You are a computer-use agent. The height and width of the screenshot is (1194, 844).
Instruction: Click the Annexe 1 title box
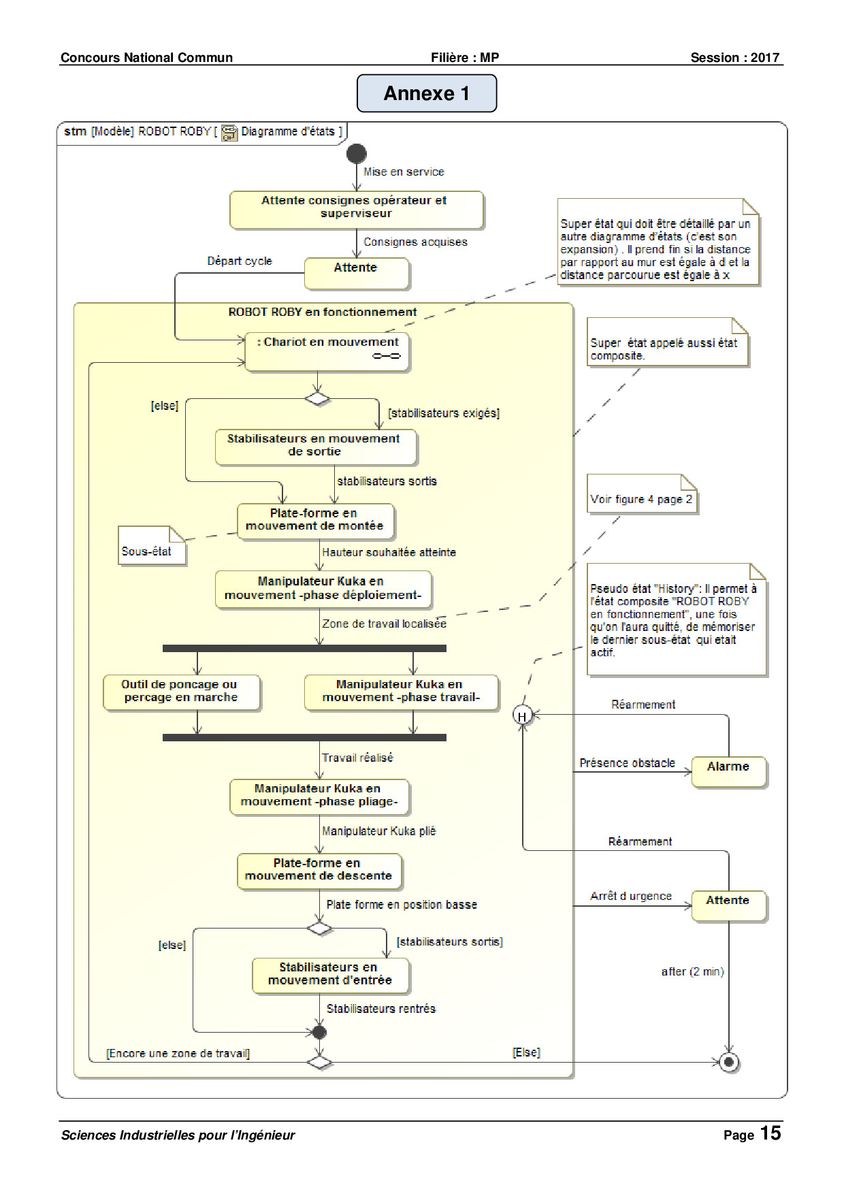[x=427, y=93]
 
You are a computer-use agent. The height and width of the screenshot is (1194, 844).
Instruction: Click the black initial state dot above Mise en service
[x=356, y=154]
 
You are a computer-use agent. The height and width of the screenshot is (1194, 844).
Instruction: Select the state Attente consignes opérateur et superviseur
[x=357, y=210]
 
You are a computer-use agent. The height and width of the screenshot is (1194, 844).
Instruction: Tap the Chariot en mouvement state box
[x=327, y=351]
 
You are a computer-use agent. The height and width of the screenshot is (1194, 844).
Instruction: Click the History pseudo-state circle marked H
[x=522, y=715]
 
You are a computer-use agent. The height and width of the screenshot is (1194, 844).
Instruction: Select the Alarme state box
[x=729, y=772]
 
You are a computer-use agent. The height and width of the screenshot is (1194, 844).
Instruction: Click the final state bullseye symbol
[x=729, y=1062]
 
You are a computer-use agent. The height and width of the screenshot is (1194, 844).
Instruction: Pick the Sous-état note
[x=152, y=545]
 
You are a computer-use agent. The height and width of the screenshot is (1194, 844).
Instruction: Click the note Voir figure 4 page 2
[x=642, y=494]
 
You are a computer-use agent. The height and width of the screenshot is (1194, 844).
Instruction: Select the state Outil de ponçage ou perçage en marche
[x=182, y=692]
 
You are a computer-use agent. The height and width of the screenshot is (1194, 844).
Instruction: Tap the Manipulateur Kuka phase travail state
[x=402, y=692]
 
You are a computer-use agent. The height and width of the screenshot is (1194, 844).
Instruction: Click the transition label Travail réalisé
[x=357, y=758]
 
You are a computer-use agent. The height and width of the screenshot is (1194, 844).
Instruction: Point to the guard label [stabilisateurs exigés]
[x=444, y=413]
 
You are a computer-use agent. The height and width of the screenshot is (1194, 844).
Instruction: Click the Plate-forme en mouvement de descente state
[x=319, y=871]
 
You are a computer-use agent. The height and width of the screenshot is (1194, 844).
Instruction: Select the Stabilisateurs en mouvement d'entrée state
[x=331, y=975]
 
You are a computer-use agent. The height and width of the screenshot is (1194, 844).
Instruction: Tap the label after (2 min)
[x=692, y=971]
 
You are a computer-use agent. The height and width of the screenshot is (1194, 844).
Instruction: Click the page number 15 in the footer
[x=770, y=1133]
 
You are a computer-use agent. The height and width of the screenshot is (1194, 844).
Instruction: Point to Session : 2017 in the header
[x=735, y=58]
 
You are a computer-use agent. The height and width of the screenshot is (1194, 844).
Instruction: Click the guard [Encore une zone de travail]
[x=178, y=1053]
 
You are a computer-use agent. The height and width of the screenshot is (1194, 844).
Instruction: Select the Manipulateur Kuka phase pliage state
[x=319, y=797]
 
